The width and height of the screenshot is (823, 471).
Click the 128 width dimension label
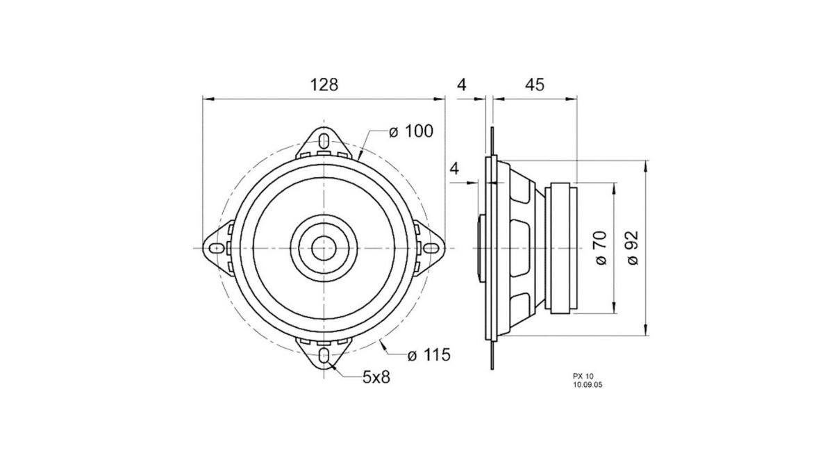point(324,85)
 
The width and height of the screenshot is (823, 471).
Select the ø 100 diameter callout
point(410,131)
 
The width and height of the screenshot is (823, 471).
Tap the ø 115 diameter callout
point(429,355)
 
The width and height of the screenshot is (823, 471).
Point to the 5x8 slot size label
point(376,377)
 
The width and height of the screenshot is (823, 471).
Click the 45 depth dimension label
point(534,85)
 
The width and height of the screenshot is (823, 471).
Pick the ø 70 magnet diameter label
point(601,248)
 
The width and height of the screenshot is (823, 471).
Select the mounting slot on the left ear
point(216,248)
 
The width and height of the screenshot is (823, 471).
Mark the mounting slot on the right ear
point(431,248)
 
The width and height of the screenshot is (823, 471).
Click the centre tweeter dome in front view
point(324,247)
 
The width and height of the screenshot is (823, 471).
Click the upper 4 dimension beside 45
point(461,85)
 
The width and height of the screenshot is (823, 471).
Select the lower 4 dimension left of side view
point(455,168)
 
